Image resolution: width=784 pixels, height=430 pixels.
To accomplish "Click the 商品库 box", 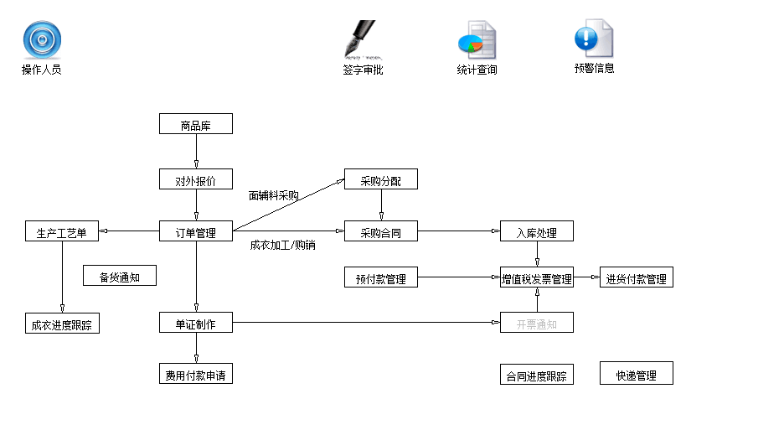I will pos(195,124).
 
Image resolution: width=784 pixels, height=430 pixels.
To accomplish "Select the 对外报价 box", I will pos(195,179).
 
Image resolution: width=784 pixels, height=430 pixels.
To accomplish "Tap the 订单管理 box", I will pos(195,231).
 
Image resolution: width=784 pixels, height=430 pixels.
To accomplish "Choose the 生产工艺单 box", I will pos(61,231).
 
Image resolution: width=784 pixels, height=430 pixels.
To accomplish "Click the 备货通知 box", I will pos(119,276).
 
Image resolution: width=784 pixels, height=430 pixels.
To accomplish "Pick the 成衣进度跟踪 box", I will pos(61,324).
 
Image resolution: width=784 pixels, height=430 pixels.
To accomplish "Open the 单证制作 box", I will pos(195,323).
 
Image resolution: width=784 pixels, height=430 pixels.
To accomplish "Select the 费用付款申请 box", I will pos(195,374).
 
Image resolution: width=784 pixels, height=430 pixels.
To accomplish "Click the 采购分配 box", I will pos(380,179).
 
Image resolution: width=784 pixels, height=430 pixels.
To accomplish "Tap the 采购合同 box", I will pos(380,231).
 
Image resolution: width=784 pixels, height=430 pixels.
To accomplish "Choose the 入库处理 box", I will pos(536,231).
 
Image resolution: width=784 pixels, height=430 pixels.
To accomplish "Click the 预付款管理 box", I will pos(380,277).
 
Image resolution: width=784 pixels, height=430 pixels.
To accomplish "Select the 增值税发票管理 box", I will pos(536,277).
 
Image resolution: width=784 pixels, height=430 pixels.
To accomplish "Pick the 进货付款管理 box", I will pos(636,277).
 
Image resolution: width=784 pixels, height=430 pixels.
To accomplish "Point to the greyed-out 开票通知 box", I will pos(536,323).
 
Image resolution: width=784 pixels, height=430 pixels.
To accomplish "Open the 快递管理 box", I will pos(636,374).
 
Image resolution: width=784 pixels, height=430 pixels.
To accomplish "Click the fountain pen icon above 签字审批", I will pos(362,39).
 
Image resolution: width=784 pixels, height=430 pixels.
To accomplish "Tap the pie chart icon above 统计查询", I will pos(477,39).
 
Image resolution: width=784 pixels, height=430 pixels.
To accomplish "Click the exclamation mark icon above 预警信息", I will pos(593,39).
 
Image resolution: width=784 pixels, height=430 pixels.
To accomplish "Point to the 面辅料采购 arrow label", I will pos(273,195).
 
